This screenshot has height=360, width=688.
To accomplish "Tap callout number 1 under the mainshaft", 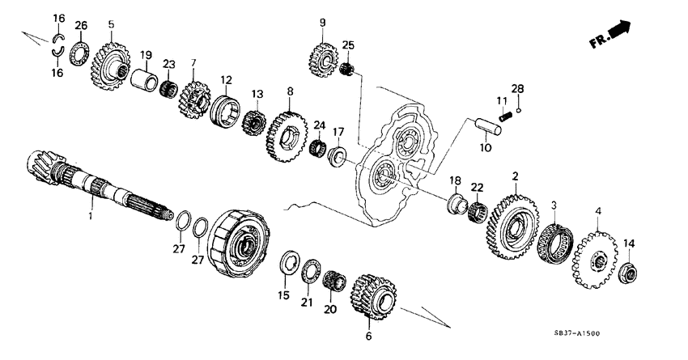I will click(91, 216).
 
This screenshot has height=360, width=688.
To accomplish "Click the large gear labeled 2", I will click(513, 226).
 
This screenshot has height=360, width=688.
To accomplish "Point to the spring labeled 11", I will click(505, 116).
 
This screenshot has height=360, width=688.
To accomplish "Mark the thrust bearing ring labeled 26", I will click(80, 57).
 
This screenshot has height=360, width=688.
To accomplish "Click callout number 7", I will click(193, 62).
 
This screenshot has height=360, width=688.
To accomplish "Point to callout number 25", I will click(348, 44).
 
